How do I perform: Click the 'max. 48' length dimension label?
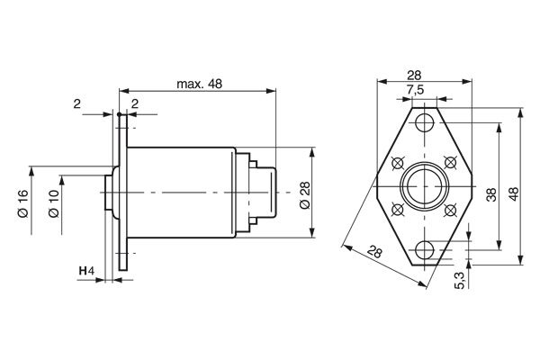coord(199,84)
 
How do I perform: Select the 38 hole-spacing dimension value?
coord(491,193)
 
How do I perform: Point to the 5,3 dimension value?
coord(460,280)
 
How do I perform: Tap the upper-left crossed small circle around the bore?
coord(397,163)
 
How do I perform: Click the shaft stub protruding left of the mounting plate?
coord(109,193)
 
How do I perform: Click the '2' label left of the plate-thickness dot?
coord(78,105)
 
